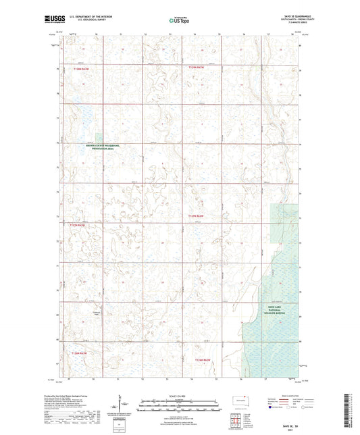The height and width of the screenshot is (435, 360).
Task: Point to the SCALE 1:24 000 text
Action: point(180,396)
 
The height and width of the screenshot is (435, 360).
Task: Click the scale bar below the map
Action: point(180,403)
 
